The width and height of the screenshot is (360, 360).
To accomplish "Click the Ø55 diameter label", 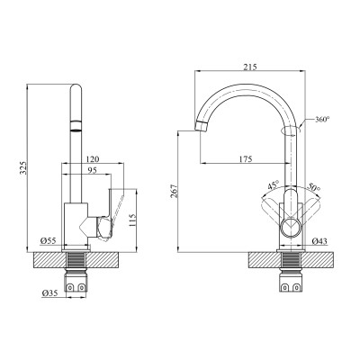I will pyautogui.click(x=49, y=239).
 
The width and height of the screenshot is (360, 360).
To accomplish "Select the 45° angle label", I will pyautogui.click(x=273, y=186).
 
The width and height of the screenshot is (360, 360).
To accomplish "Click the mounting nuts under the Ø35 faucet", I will pyautogui.click(x=78, y=287).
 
